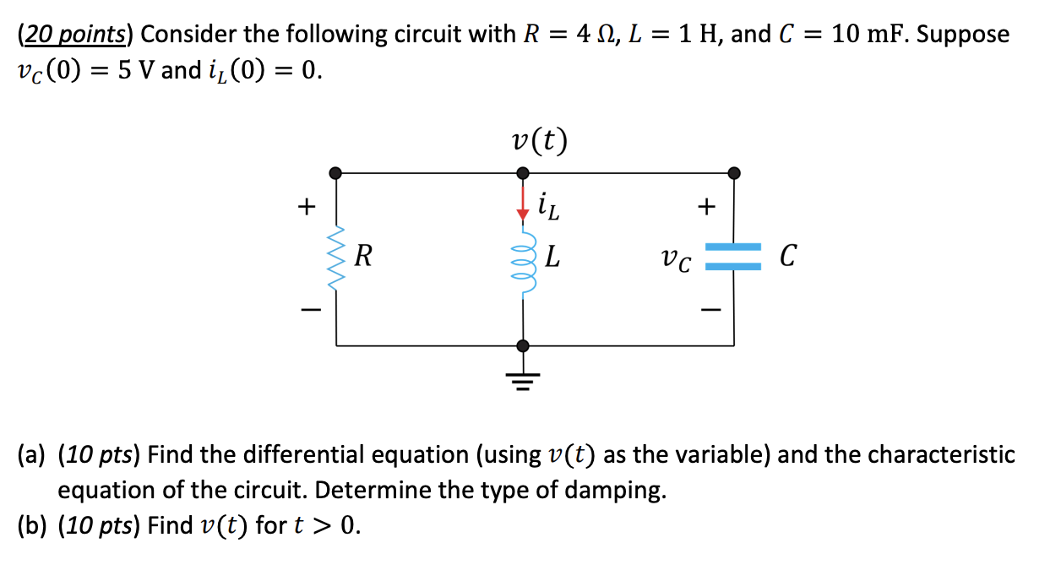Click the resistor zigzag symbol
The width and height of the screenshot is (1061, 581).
pos(337,258)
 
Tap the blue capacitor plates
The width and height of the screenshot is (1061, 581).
pos(733,257)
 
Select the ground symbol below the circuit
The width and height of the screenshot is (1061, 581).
pos(523,381)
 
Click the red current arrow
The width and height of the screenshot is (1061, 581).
pos(523,204)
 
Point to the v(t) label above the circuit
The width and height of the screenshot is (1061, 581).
pos(540,140)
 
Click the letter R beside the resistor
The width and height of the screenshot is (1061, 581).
pos(364,255)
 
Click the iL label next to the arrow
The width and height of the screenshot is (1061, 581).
pos(548,205)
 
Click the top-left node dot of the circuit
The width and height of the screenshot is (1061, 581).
pos(336,172)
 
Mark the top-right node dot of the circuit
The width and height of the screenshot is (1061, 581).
pos(733,172)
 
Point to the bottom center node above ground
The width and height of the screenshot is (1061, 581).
pos(523,345)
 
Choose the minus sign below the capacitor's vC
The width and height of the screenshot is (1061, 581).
pos(707,310)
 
